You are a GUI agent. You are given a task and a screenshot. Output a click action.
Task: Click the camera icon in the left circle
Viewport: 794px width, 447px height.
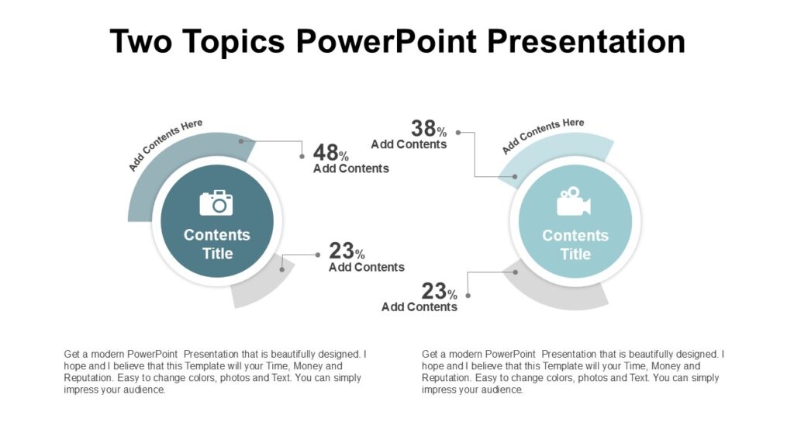tap(216, 203)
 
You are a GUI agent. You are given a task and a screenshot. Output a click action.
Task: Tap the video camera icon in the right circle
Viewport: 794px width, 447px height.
tap(574, 203)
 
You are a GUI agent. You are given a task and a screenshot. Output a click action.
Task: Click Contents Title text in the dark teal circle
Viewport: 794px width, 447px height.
tap(217, 244)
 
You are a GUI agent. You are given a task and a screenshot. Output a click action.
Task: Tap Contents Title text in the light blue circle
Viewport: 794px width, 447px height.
tap(575, 244)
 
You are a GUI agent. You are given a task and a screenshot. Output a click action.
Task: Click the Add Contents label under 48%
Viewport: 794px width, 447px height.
tap(350, 168)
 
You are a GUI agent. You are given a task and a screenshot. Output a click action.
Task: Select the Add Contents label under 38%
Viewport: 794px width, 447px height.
tap(409, 144)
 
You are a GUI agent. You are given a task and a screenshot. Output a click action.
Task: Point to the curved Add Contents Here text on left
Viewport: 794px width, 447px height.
tap(165, 144)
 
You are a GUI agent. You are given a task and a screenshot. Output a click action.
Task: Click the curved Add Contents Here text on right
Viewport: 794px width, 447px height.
tap(543, 135)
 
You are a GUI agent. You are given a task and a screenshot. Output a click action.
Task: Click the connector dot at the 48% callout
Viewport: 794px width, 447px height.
tap(302, 156)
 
